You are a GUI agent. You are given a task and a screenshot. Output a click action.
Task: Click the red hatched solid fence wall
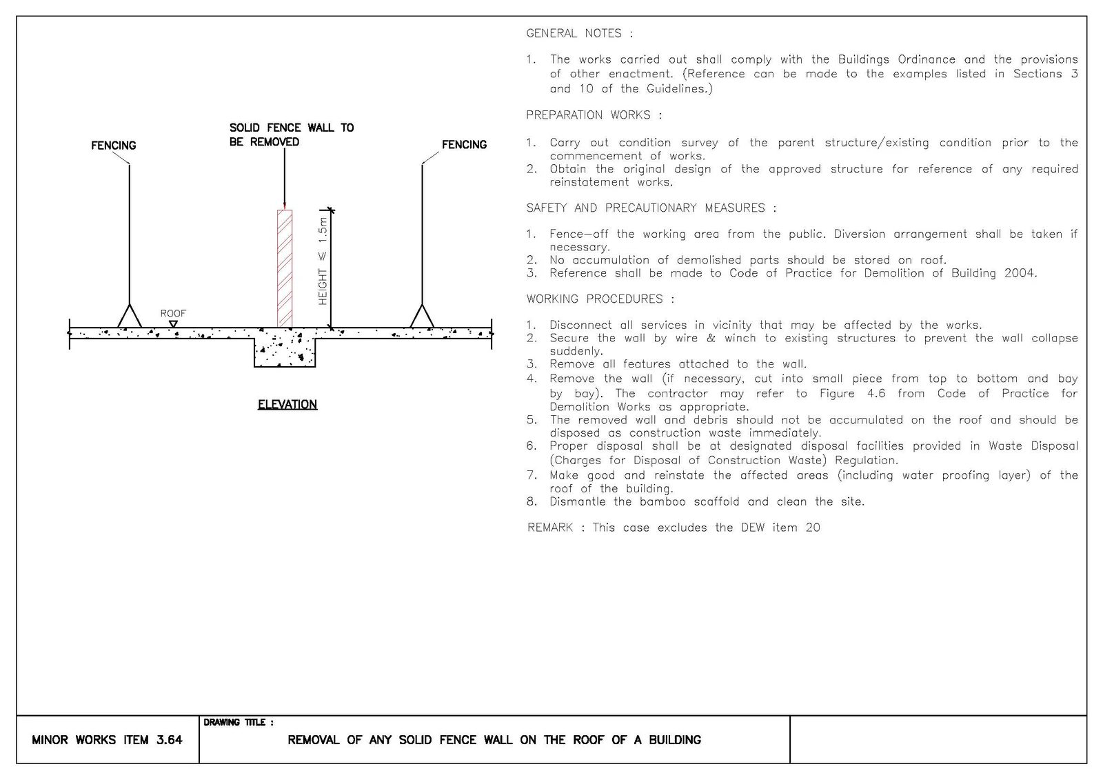point(285,268)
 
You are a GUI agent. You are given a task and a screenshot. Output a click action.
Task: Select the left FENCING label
point(114,146)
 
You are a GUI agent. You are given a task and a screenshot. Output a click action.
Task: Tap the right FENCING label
point(465,144)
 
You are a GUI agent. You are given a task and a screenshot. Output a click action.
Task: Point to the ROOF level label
point(173,313)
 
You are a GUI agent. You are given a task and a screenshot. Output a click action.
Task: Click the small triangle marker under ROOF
point(173,323)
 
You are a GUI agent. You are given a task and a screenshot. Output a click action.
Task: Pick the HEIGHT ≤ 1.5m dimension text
point(323,261)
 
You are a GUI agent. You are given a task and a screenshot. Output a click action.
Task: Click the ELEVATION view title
point(287,405)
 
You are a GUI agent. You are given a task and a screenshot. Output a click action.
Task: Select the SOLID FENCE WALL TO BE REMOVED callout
point(292,134)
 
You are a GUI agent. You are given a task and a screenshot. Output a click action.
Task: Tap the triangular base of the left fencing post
point(130,317)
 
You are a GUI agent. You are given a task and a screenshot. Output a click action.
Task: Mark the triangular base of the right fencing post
point(422,317)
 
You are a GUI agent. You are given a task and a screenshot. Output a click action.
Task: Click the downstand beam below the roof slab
point(285,352)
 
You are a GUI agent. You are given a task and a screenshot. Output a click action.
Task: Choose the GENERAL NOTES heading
point(580,33)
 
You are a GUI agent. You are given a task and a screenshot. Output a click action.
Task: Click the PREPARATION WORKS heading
point(594,114)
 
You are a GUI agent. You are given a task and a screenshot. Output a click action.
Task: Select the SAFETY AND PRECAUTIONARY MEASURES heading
point(651,208)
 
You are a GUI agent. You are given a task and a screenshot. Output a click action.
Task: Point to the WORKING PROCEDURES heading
point(600,299)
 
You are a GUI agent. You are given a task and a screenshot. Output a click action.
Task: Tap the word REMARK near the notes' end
point(550,527)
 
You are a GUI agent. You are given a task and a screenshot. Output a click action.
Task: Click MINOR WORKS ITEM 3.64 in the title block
point(107,739)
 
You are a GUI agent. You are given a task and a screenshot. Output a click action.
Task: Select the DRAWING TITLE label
point(239,722)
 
